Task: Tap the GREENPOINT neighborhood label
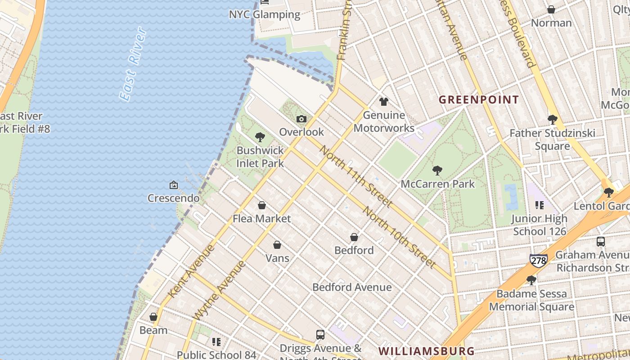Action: pyautogui.click(x=479, y=100)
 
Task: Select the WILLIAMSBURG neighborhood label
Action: pyautogui.click(x=426, y=351)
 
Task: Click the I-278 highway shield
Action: pyautogui.click(x=538, y=260)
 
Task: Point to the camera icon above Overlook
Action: pyautogui.click(x=301, y=119)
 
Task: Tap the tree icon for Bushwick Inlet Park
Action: pyautogui.click(x=260, y=137)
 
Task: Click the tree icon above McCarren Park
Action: pyautogui.click(x=437, y=171)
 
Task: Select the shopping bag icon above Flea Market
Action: pyautogui.click(x=262, y=206)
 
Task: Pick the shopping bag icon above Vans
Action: pyautogui.click(x=277, y=245)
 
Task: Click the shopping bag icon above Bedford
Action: pyautogui.click(x=354, y=237)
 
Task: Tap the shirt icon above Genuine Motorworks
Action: pyautogui.click(x=383, y=102)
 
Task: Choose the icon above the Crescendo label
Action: pyautogui.click(x=173, y=185)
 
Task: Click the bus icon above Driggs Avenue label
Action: pyautogui.click(x=320, y=335)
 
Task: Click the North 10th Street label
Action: pyautogui.click(x=399, y=237)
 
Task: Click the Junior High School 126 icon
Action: pyautogui.click(x=540, y=206)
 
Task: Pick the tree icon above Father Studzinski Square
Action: pyautogui.click(x=552, y=120)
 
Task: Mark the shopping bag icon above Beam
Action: pyautogui.click(x=153, y=317)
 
